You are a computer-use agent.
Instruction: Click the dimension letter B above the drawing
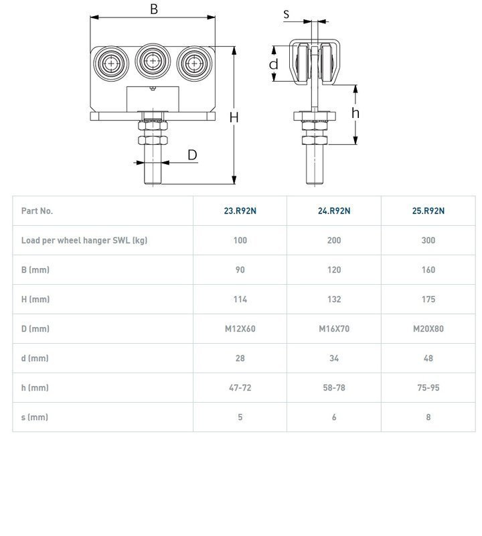[x=153, y=9]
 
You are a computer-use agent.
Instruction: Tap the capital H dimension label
[x=234, y=117]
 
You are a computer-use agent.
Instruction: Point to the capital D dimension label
[x=192, y=155]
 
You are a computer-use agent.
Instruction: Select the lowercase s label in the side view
[x=287, y=13]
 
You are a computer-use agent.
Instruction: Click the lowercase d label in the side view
[x=273, y=64]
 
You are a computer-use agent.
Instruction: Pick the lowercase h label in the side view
[x=355, y=113]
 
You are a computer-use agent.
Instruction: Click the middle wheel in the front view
[x=153, y=62]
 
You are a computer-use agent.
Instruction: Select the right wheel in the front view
[x=194, y=64]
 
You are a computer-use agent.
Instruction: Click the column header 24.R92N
[x=334, y=210]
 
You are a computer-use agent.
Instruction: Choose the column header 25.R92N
[x=428, y=210]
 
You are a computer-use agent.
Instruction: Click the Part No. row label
[x=37, y=210]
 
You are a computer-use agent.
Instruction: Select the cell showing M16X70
[x=334, y=328]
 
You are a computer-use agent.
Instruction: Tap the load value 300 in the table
[x=428, y=240]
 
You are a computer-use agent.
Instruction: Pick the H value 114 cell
[x=240, y=299]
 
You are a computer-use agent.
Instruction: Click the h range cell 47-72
[x=240, y=387]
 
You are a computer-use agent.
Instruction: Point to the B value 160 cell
[x=428, y=269]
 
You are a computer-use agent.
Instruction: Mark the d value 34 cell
[x=334, y=358]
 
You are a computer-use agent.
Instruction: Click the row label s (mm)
[x=35, y=417]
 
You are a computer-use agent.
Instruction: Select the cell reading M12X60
[x=240, y=328]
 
